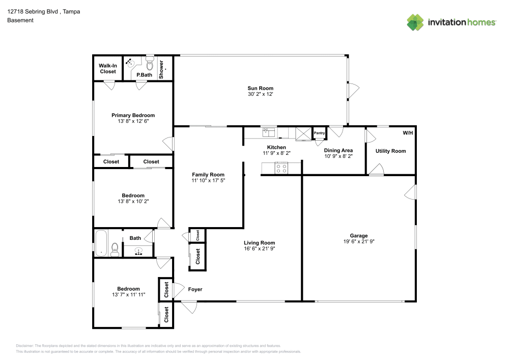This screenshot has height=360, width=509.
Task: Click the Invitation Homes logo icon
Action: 415,22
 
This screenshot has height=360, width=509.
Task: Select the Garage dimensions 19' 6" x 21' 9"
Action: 359,241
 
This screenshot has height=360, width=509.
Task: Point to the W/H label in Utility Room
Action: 408,133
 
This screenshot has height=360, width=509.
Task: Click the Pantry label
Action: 319,133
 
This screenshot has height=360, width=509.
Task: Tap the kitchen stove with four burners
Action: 281,168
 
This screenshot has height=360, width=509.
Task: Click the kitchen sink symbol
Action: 269,132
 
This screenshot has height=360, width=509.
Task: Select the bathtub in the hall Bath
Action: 101,242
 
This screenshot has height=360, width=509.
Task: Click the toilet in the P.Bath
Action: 150,64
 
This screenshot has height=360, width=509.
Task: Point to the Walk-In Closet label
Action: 107,69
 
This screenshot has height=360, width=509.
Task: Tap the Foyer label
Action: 195,289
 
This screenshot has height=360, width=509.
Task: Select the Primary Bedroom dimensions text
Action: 133,121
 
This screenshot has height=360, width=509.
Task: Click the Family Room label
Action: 208,175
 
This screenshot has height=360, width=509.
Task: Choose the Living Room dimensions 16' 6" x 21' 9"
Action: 260,249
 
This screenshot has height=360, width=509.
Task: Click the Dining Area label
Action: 338,151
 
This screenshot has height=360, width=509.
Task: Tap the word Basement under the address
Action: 20,20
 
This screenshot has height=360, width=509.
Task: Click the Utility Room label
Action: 390,151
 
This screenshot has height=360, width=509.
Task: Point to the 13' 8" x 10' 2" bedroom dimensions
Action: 133,201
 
